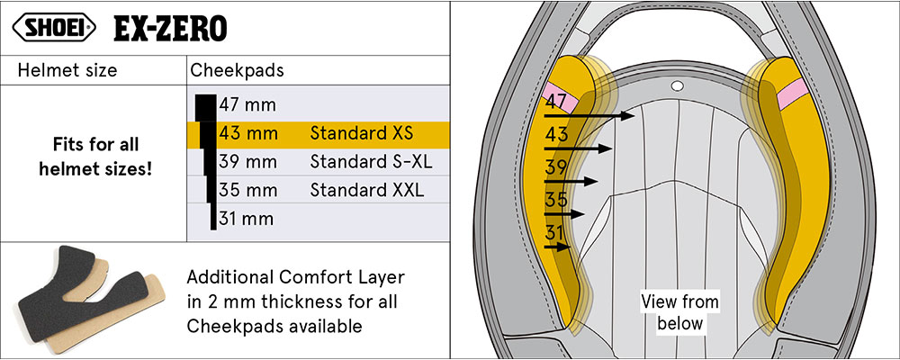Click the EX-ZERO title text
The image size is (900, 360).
(170, 29)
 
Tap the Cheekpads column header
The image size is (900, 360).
(235, 70)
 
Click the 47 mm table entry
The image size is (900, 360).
(247, 105)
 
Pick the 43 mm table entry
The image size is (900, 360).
(247, 134)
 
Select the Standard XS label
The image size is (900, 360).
(361, 134)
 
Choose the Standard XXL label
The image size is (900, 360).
(366, 190)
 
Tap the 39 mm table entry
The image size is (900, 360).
(247, 162)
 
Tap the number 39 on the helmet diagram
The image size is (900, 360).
(555, 166)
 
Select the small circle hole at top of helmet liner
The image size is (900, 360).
(676, 85)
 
